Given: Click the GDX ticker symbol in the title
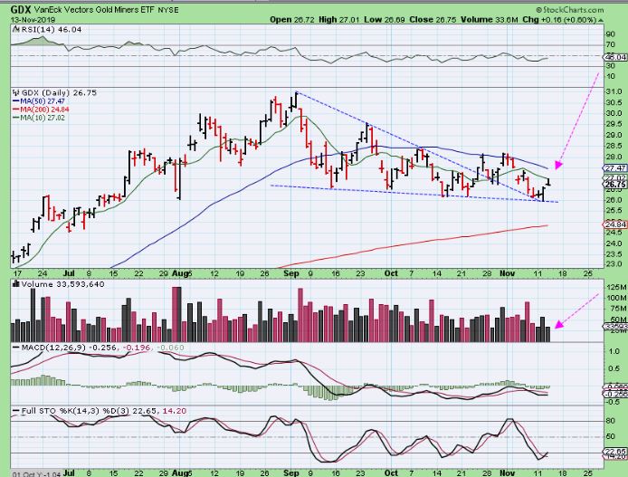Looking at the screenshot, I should coord(16,8).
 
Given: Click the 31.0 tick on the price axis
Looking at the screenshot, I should coord(613,92).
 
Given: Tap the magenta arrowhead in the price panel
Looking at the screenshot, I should coord(558,166).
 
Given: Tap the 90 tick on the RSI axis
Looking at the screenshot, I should coord(612,33).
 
